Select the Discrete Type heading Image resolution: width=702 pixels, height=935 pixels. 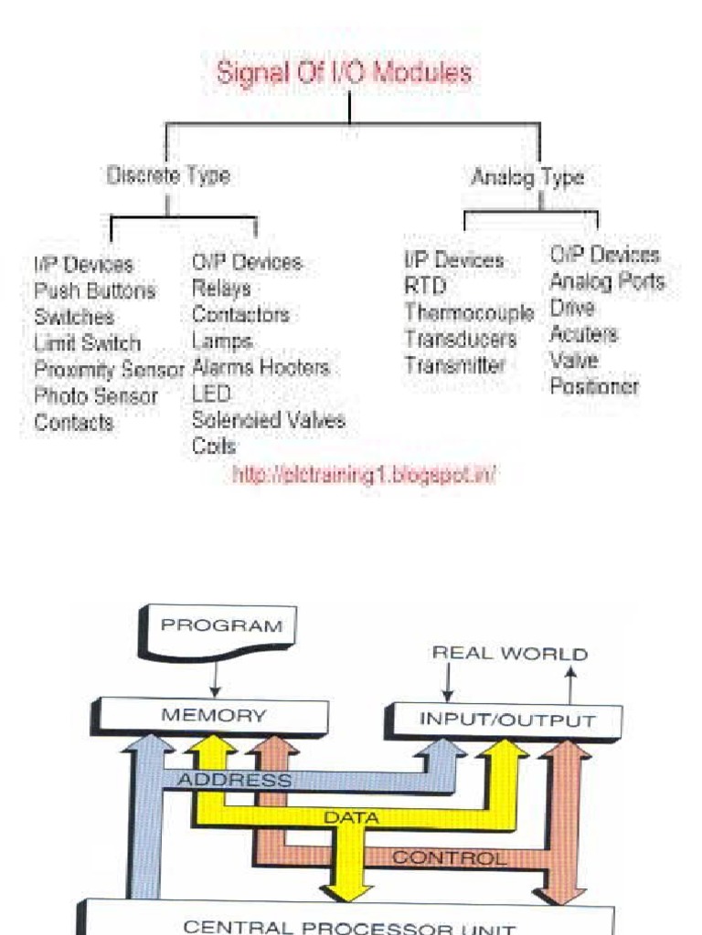pos(168,176)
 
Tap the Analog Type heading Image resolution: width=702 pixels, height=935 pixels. pos(527,177)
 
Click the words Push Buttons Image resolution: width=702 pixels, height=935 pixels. pos(94,291)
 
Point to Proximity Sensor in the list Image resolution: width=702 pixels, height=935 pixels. pos(109,370)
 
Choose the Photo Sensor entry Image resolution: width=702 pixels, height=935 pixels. pos(95,396)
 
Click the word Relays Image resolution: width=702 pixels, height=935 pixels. pos(221,289)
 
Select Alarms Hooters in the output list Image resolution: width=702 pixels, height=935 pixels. pos(261,368)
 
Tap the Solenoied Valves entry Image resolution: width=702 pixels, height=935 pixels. pos(268,421)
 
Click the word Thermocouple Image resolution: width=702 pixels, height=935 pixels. pos(469,313)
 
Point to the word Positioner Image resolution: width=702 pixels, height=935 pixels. pos(594,386)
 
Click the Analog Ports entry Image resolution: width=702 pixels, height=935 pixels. pos(607,281)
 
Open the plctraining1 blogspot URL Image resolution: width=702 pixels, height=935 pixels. pos(364,475)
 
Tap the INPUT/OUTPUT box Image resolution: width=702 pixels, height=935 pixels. pos(506,720)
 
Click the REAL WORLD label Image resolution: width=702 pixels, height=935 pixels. pos(509,654)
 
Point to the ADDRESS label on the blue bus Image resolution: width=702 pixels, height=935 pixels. pos(234,781)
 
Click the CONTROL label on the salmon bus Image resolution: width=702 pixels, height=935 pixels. pos(448,858)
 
